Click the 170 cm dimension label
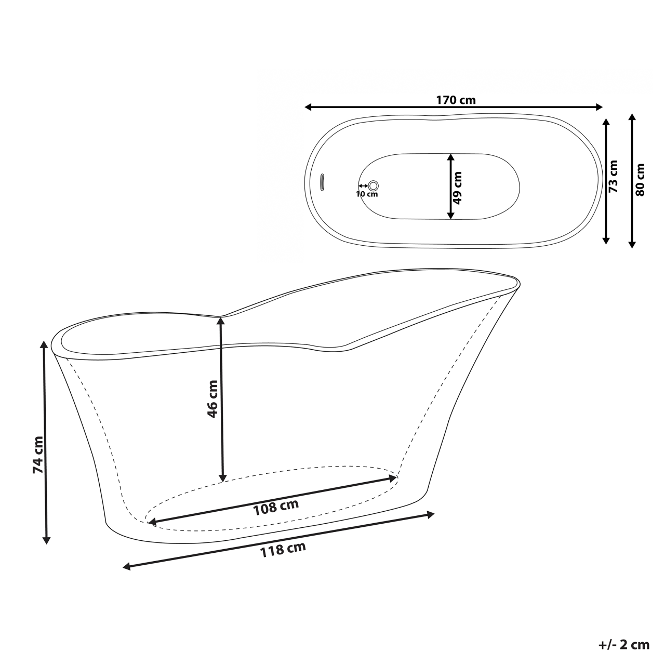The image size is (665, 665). (x=456, y=100)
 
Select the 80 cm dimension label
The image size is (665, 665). (x=640, y=179)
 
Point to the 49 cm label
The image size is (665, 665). (x=458, y=187)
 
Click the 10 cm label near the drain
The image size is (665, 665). (x=367, y=194)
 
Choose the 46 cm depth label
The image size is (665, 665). (x=212, y=399)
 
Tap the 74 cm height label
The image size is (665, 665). (x=37, y=454)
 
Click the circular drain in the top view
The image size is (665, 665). (x=374, y=185)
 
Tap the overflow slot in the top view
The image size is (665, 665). (x=322, y=183)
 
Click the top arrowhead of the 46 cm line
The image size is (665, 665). (x=222, y=321)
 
